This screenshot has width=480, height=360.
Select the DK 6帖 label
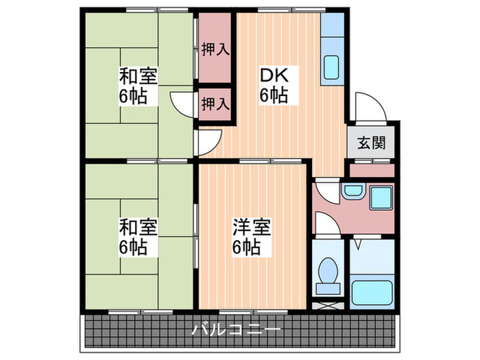click(x=273, y=84)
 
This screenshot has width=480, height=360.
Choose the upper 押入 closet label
click(x=214, y=49)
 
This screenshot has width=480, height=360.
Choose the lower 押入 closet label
click(x=214, y=104)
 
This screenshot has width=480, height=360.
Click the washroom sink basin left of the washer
click(x=352, y=191)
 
